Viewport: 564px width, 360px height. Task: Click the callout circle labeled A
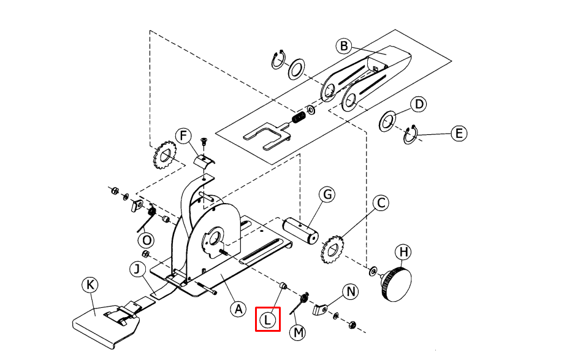pyautogui.click(x=238, y=309)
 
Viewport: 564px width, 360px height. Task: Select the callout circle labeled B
pyautogui.click(x=344, y=46)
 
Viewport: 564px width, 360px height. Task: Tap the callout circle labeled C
pyautogui.click(x=381, y=203)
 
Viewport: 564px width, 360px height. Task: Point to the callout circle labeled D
pyautogui.click(x=419, y=104)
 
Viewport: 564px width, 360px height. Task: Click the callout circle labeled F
pyautogui.click(x=183, y=136)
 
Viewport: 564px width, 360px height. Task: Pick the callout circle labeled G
pyautogui.click(x=327, y=194)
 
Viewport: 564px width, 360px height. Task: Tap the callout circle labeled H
pyautogui.click(x=403, y=251)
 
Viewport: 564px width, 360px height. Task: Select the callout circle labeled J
pyautogui.click(x=137, y=269)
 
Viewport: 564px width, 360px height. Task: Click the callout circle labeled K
pyautogui.click(x=91, y=285)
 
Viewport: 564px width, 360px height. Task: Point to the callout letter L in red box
pyautogui.click(x=268, y=320)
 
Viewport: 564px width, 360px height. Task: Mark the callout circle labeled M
pyautogui.click(x=299, y=332)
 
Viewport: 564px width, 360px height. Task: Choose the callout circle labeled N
pyautogui.click(x=351, y=291)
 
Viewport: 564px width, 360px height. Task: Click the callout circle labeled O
pyautogui.click(x=146, y=239)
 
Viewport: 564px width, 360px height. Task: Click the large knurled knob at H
pyautogui.click(x=396, y=284)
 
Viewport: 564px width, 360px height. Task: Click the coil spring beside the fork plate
pyautogui.click(x=299, y=117)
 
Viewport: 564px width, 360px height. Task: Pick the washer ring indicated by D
pyautogui.click(x=387, y=122)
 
